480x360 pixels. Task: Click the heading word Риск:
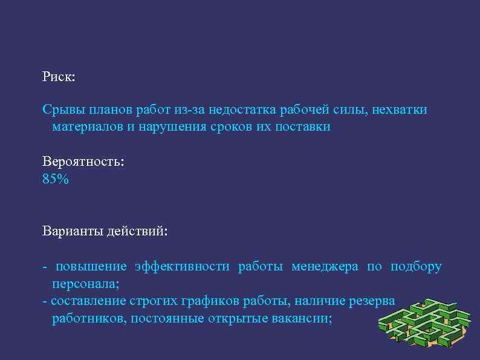coord(59,77)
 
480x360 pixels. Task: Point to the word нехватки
coord(400,110)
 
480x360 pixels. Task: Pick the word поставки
coord(304,128)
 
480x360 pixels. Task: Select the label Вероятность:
coord(83,162)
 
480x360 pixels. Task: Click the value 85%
coord(56,179)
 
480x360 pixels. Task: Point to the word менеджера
coord(325,267)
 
